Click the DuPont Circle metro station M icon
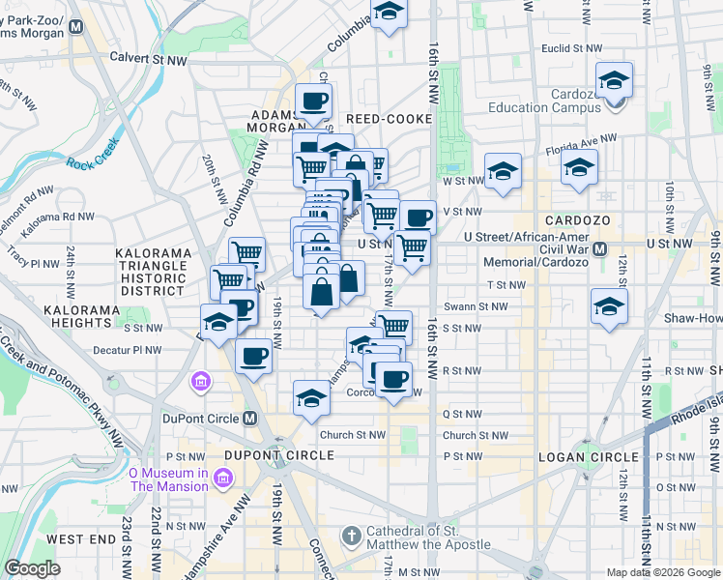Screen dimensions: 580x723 pos(250,419)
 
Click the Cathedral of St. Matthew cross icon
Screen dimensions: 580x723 pos(351,535)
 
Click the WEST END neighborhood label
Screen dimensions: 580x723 pos(81,538)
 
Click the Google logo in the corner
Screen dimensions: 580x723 pos(32,568)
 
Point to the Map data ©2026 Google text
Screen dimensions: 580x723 pos(663,572)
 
